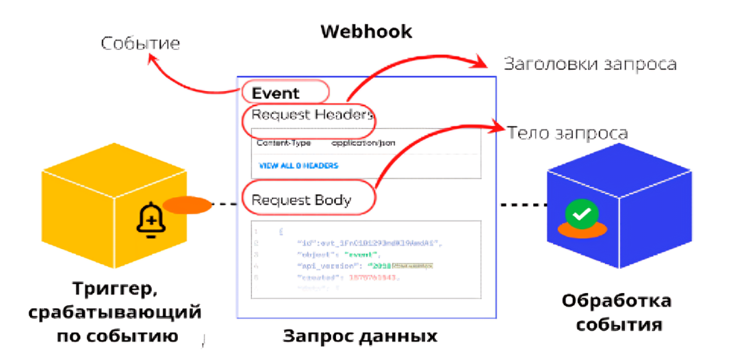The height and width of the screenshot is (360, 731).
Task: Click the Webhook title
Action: [x=366, y=31]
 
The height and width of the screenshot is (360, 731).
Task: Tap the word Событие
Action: [x=140, y=44]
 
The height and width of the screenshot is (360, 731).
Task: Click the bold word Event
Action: [x=276, y=93]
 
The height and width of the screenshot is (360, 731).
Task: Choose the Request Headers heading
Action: [x=312, y=114]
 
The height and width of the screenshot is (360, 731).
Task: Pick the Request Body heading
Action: [x=301, y=200]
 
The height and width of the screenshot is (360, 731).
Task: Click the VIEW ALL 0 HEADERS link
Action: [x=298, y=166]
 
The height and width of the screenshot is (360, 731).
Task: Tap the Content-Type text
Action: [x=283, y=144]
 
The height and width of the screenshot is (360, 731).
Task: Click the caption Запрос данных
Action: [x=360, y=337]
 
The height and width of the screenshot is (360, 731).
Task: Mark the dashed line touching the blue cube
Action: [x=524, y=204]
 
